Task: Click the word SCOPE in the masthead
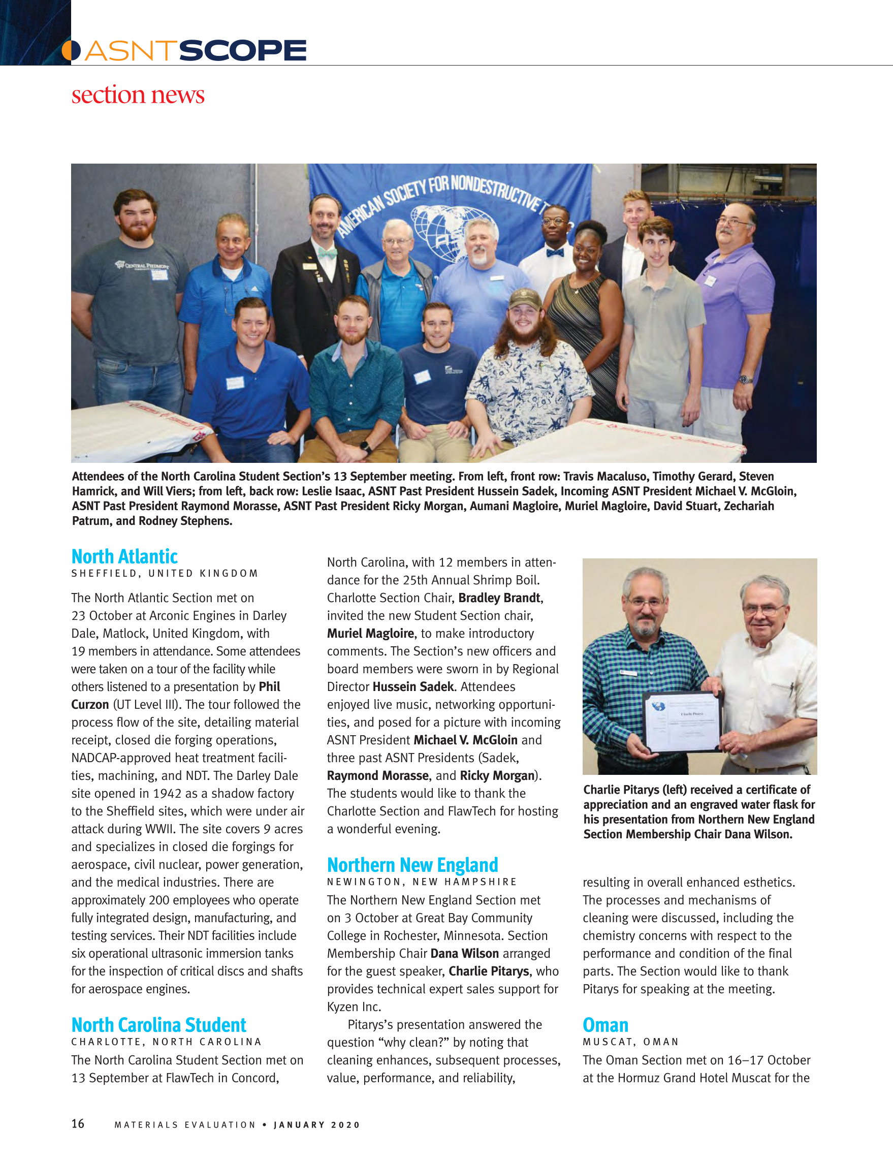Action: [x=243, y=51]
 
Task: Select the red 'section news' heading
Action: [x=138, y=95]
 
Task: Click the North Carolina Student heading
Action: [x=159, y=1024]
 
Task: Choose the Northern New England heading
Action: [x=412, y=865]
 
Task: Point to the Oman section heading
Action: [x=605, y=1024]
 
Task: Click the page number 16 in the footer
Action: [x=78, y=1123]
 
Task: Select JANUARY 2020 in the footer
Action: [x=317, y=1124]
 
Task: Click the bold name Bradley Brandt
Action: [x=500, y=598]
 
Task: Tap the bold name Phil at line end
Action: [x=269, y=687]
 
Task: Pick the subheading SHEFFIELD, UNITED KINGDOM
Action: [x=165, y=574]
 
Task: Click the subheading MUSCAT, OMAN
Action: [x=631, y=1042]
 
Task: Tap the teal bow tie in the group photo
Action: [x=327, y=254]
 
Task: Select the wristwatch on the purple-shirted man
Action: [x=745, y=379]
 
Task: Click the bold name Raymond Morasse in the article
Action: [x=377, y=775]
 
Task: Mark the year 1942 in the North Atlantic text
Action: [x=167, y=794]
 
